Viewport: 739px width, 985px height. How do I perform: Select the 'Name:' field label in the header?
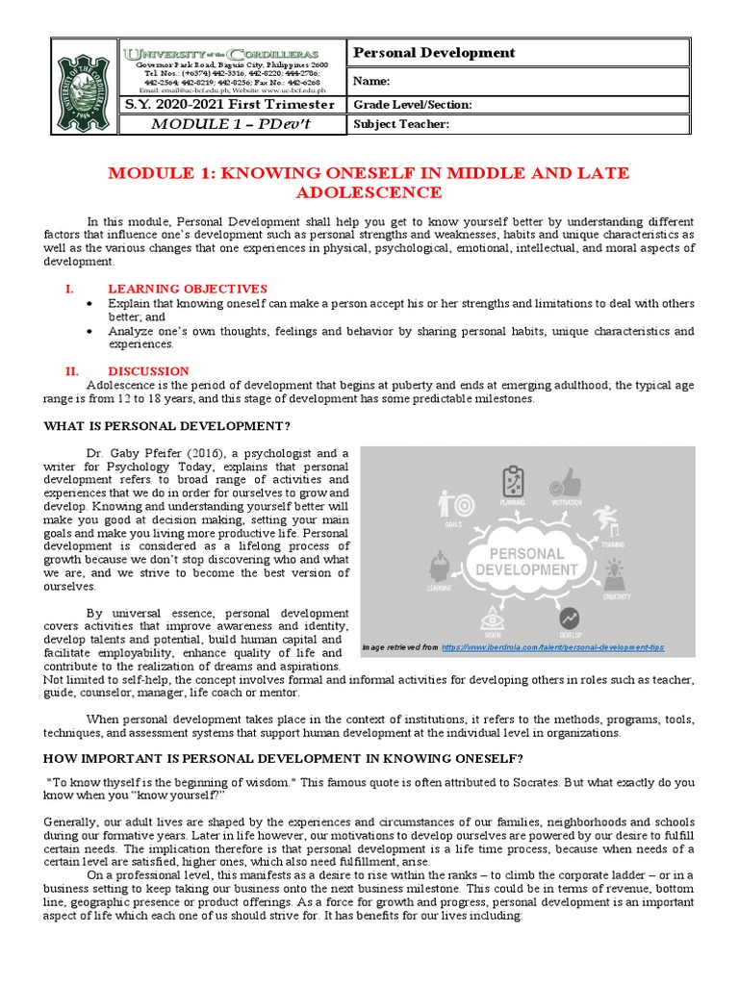pos(374,82)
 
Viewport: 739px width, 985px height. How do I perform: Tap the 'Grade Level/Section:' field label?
pos(413,105)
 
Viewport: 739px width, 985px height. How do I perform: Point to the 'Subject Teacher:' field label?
pos(401,124)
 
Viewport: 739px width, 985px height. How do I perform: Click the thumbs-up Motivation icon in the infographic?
pos(567,484)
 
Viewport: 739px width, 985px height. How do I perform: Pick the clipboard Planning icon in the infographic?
pos(513,480)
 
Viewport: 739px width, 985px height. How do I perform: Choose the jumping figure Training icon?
pos(607,520)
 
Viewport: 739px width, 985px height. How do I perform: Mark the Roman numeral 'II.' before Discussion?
pos(70,371)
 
